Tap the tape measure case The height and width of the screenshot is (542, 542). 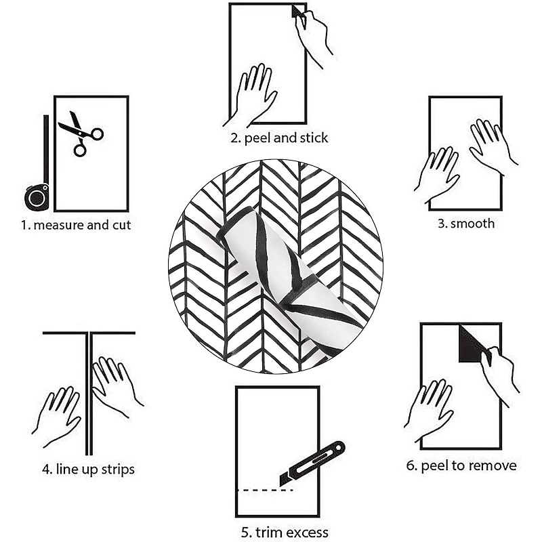tap(37, 197)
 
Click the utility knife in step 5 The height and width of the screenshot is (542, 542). tap(312, 463)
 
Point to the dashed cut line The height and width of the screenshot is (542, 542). tap(266, 490)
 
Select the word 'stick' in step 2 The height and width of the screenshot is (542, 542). tap(314, 138)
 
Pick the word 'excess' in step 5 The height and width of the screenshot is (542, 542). tap(307, 532)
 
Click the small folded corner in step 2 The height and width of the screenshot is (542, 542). tap(297, 11)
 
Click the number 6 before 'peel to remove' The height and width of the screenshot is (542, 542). tap(411, 465)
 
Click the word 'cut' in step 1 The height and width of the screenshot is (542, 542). tap(122, 226)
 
